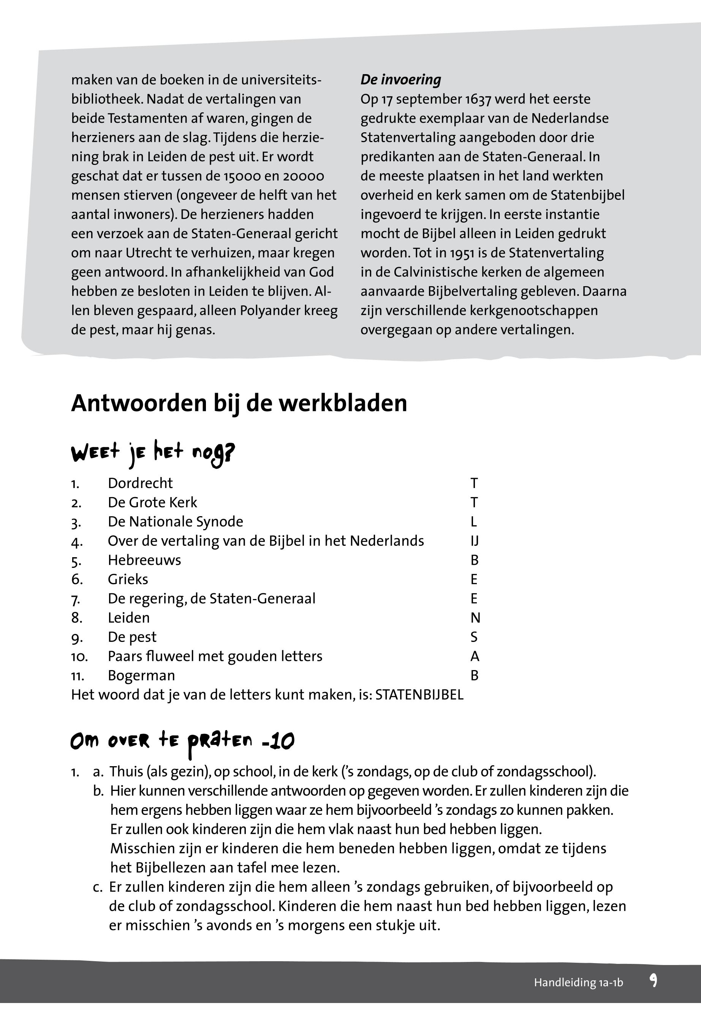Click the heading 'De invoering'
[400, 80]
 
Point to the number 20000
[303, 176]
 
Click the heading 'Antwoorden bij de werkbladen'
[239, 403]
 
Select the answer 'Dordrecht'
[140, 483]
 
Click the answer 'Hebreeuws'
[144, 560]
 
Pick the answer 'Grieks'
[128, 580]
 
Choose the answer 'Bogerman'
[141, 675]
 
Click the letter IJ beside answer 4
[474, 541]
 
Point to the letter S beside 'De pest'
[474, 637]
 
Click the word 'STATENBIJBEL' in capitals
[419, 695]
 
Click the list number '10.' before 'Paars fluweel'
[79, 657]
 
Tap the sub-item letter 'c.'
[98, 887]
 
